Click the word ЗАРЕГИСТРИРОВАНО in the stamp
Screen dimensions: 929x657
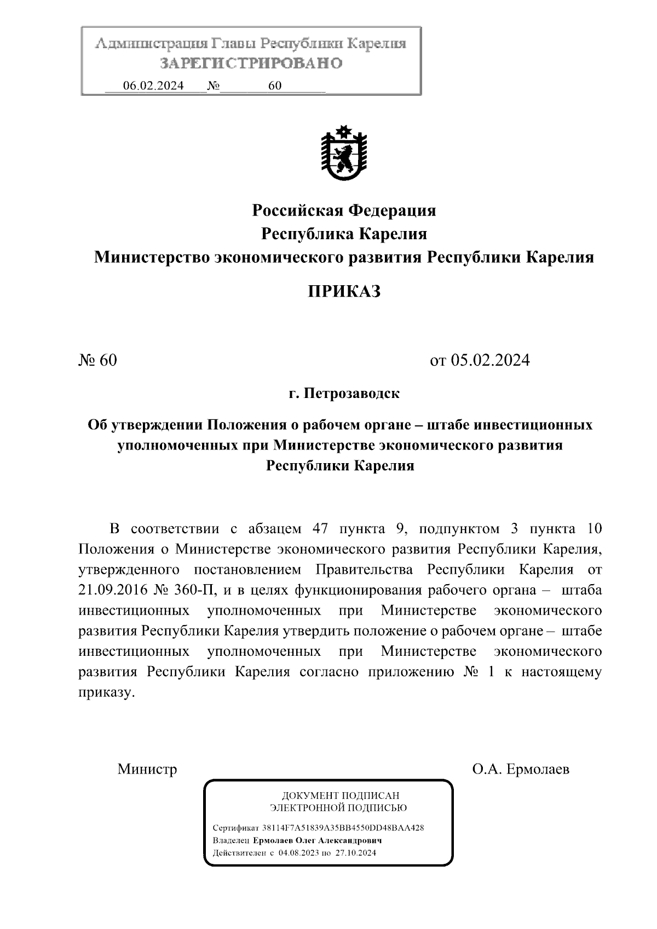click(251, 64)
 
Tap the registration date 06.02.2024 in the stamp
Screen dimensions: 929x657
click(153, 86)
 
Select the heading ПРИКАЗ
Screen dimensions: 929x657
click(343, 291)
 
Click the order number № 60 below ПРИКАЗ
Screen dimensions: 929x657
click(98, 360)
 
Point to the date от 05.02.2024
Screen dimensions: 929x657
click(480, 360)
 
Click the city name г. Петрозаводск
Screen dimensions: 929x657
click(344, 393)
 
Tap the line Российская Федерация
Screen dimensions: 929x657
click(343, 210)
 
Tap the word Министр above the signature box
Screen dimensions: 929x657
click(147, 769)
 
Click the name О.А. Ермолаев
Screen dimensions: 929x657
click(521, 769)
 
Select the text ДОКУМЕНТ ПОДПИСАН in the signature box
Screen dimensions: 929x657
click(340, 795)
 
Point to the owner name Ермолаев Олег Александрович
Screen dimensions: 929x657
click(317, 840)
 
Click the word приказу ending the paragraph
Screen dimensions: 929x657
click(105, 693)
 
